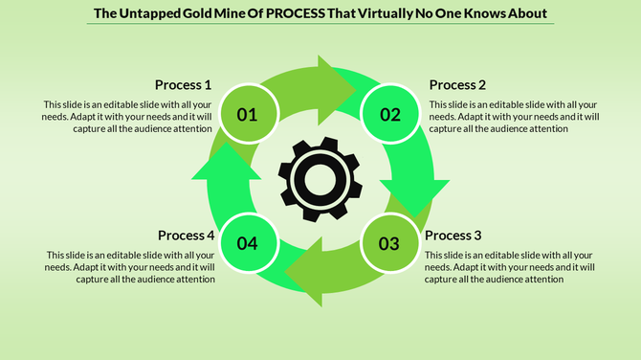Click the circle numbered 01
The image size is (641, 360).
coord(248,115)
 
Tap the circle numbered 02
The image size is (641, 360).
coord(390,115)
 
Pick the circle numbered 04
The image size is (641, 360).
coord(248,243)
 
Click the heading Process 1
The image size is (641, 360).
coord(184,84)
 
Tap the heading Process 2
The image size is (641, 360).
coord(458,84)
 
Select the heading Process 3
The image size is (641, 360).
coord(453,236)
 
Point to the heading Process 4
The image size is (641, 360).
coord(186,236)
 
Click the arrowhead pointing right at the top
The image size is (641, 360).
coord(337,80)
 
